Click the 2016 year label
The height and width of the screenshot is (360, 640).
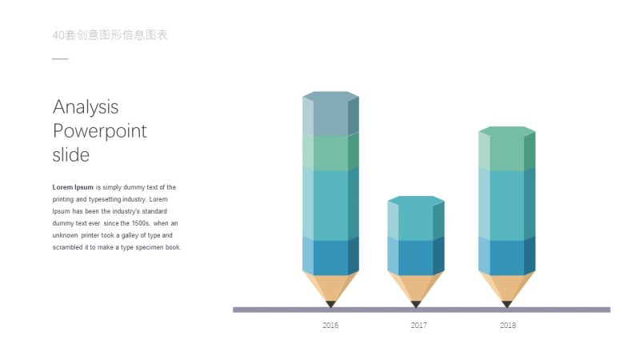point(330,326)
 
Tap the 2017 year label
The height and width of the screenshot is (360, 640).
point(419,326)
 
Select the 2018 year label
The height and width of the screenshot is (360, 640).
point(508,326)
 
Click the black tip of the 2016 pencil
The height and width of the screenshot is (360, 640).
point(330,304)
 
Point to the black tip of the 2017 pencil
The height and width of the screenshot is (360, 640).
point(416,304)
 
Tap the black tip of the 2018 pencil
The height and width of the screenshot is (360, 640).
point(507,304)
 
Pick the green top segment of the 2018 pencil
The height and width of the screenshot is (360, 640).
point(507,150)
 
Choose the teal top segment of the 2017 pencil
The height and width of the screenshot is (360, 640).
point(416,218)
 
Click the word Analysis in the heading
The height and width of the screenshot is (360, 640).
point(86,107)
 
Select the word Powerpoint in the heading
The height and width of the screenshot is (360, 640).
point(100,131)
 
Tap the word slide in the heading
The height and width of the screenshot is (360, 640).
point(71,154)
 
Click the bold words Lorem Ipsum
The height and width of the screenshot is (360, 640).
point(73,187)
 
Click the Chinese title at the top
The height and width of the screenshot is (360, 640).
point(110,35)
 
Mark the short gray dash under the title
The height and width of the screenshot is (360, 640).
point(60,59)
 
